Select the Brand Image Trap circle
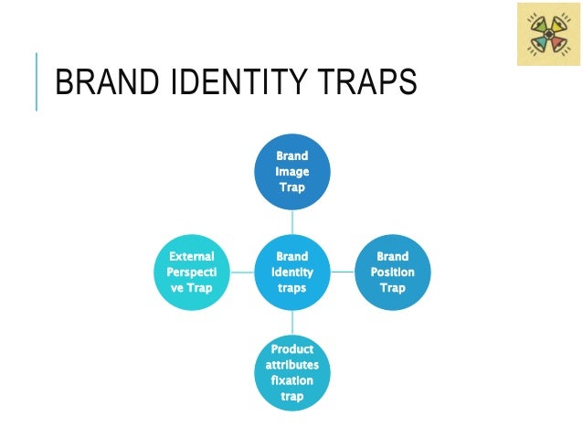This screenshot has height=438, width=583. (x=292, y=171)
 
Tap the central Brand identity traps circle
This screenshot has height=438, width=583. (x=292, y=272)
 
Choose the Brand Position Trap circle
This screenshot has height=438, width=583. (x=392, y=272)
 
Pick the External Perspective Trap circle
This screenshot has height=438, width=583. (x=192, y=272)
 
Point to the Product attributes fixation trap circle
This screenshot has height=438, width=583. (x=292, y=373)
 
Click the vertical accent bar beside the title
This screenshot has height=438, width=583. (x=37, y=81)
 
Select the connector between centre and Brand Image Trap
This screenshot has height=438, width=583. (x=292, y=221)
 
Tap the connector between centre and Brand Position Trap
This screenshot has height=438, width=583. (x=342, y=272)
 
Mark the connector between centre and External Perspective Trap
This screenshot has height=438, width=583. (x=242, y=272)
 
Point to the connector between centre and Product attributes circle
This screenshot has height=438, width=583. (x=292, y=323)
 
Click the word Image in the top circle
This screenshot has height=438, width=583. (x=292, y=172)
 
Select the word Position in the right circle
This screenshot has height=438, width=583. (x=392, y=272)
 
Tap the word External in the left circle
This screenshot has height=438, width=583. (x=192, y=257)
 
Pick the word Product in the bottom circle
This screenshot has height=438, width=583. (x=292, y=349)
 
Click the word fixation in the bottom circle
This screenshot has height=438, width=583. (x=292, y=380)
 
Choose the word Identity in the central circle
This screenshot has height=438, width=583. (x=292, y=272)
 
